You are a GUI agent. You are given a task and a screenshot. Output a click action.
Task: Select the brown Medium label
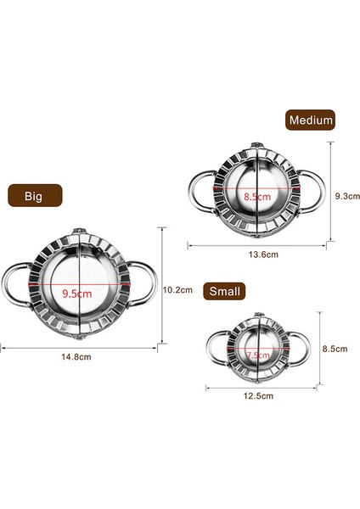pos(310,120)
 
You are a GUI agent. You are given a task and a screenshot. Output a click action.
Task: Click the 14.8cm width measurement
pos(76,357)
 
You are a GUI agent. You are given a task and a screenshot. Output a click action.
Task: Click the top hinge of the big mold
pos(77,232)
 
